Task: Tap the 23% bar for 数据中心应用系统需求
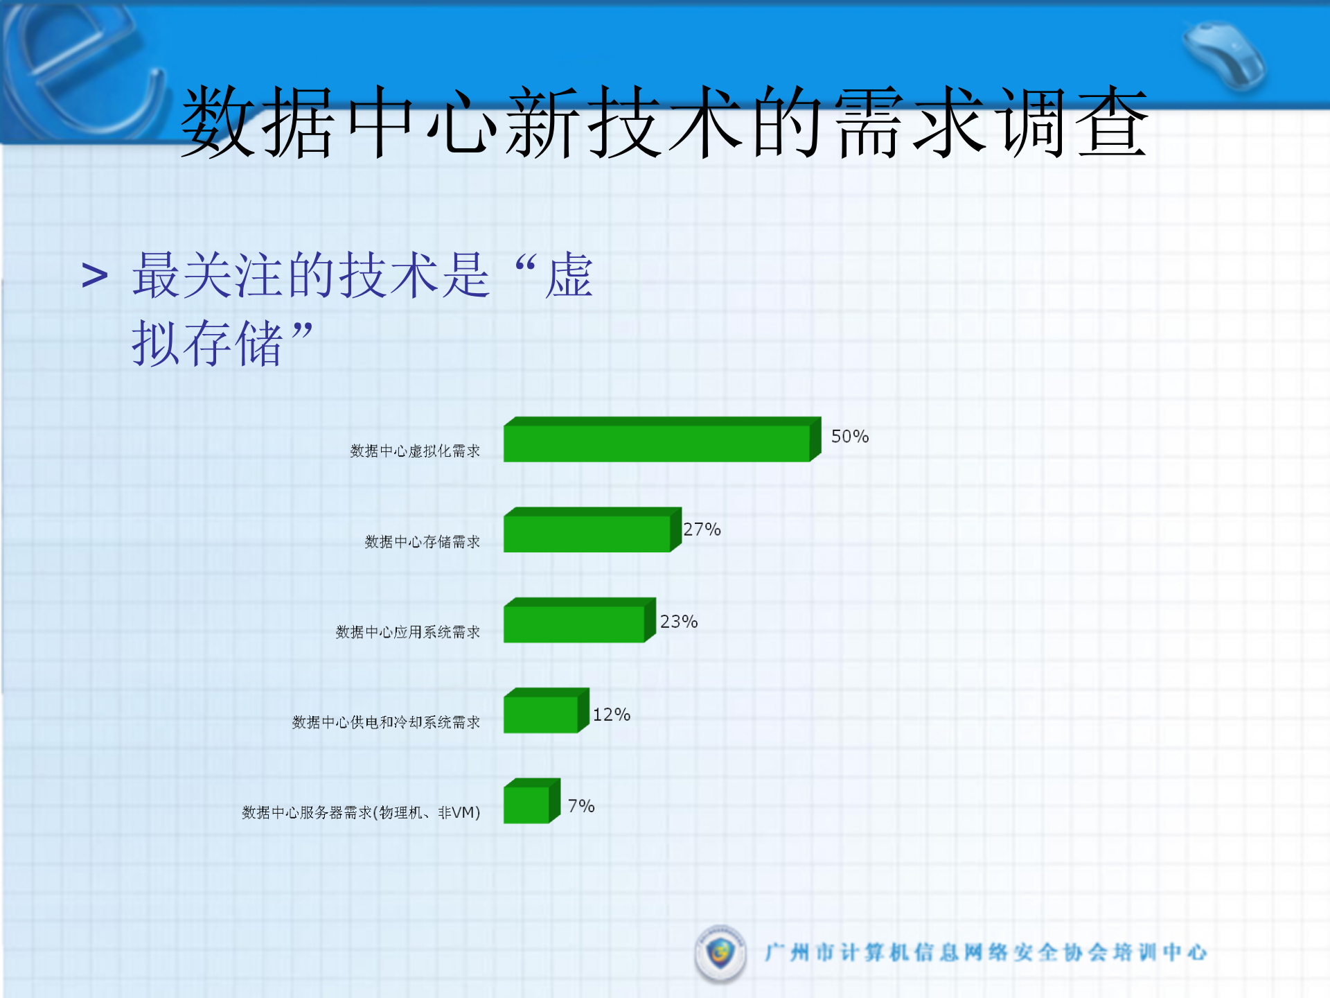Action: [574, 623]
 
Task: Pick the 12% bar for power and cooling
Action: [541, 713]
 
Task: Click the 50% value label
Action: [849, 437]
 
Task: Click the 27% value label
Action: [702, 529]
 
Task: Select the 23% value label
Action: [678, 622]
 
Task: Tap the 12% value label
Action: [611, 715]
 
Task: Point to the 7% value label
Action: [580, 806]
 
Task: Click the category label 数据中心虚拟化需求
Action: [415, 451]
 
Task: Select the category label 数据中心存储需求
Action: [422, 542]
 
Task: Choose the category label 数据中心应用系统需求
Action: [407, 632]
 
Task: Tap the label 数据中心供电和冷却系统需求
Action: [386, 722]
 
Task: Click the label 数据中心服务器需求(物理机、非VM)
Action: [361, 812]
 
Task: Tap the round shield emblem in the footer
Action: [720, 953]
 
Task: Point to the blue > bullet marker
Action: [95, 276]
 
